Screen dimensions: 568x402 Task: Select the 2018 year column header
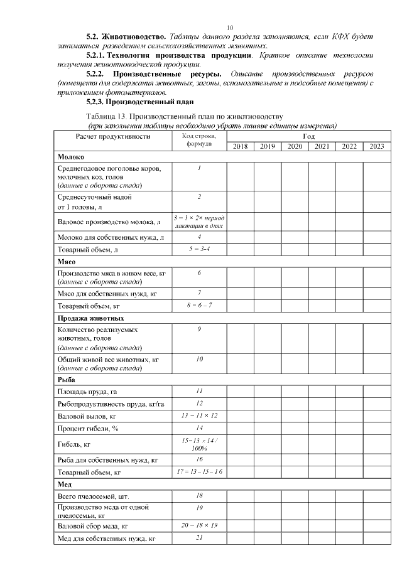pyautogui.click(x=240, y=146)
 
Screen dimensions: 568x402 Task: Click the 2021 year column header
pyautogui.click(x=322, y=146)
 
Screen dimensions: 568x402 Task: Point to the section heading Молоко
pyautogui.click(x=71, y=157)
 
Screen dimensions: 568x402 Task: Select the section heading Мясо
pyautogui.click(x=67, y=262)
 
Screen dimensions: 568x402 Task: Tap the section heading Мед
pyautogui.click(x=65, y=485)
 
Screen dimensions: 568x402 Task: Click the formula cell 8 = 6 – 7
pyautogui.click(x=199, y=305)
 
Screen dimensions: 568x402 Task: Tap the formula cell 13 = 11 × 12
pyautogui.click(x=199, y=415)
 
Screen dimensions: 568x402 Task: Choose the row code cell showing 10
pyautogui.click(x=199, y=359)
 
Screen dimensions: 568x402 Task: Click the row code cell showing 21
pyautogui.click(x=199, y=537)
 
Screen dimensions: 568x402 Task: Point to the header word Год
pyautogui.click(x=308, y=136)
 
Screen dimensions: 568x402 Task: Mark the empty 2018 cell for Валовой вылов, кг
pyautogui.click(x=240, y=416)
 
